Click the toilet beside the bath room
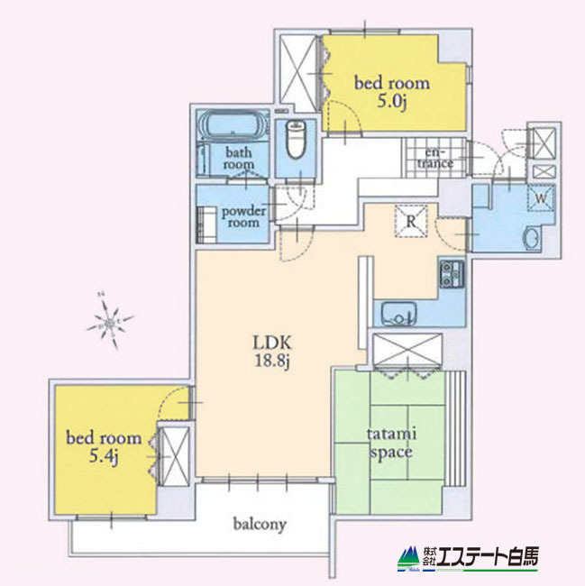point(294,141)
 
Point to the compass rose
point(111,321)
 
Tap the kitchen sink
point(397,316)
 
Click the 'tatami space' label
point(390,442)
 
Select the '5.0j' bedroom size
point(391,103)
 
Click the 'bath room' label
point(239,159)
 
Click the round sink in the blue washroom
point(532,239)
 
